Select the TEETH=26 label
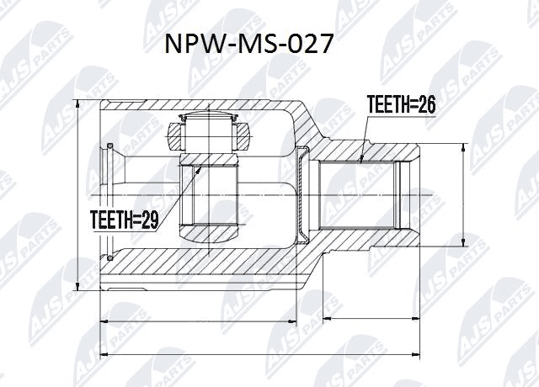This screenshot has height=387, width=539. click(401, 105)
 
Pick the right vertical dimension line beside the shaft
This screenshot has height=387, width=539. click(462, 194)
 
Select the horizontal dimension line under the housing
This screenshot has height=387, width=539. click(198, 321)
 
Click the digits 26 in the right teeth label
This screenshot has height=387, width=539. click(426, 105)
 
